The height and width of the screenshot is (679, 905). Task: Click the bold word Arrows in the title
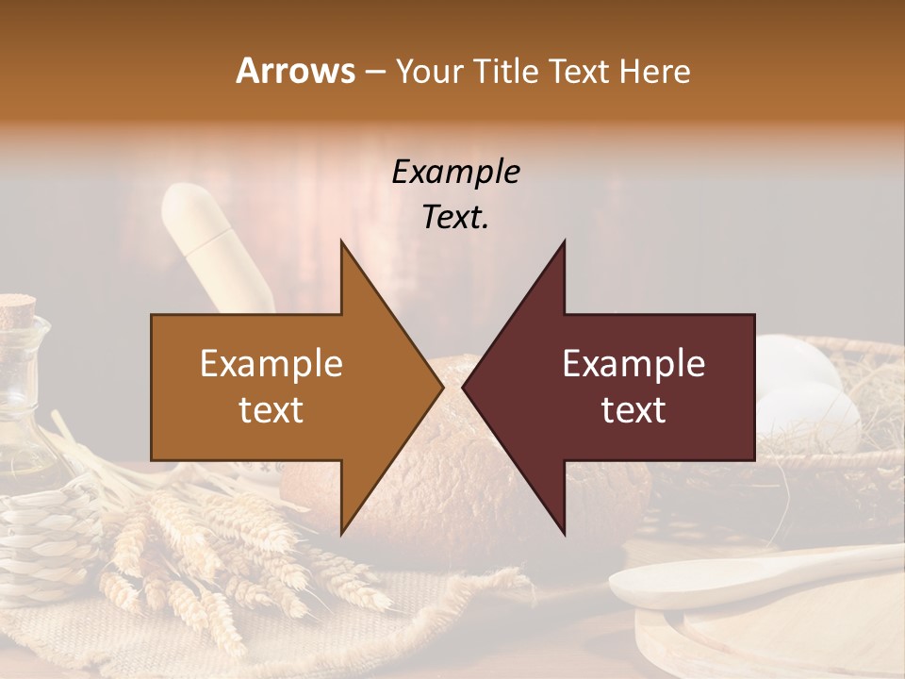tap(296, 71)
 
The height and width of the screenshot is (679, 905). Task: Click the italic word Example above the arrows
tap(455, 173)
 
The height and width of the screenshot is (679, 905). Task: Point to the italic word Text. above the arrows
tap(455, 218)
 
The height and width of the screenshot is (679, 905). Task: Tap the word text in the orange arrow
tap(271, 410)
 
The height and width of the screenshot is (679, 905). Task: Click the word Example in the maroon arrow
tap(633, 364)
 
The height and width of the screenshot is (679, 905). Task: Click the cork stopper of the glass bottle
tap(17, 309)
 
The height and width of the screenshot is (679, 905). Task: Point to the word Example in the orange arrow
tap(271, 364)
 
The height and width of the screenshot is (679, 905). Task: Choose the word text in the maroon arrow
tap(633, 410)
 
